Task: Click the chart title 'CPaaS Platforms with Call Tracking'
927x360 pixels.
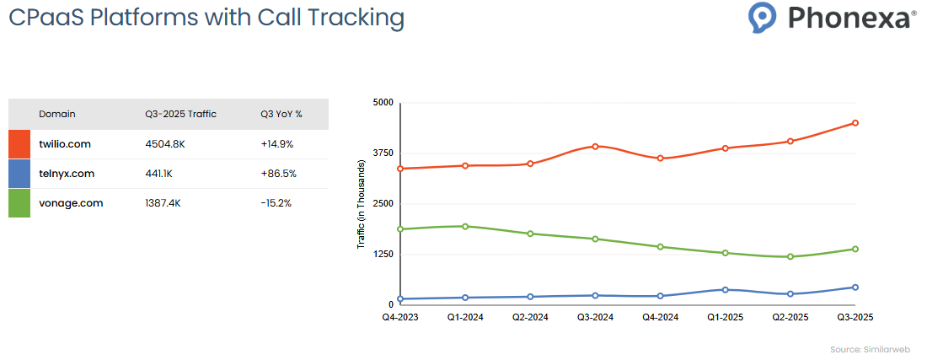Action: pos(206,18)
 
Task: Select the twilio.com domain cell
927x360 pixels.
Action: pos(65,144)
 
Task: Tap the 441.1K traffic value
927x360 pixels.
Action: pos(159,174)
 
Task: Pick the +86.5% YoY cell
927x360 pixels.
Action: pos(277,174)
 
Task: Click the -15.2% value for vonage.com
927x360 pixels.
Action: pos(276,203)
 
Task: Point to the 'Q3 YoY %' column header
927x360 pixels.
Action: pos(281,114)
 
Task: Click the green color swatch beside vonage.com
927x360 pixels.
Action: pos(19,203)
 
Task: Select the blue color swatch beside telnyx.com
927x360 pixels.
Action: pos(19,174)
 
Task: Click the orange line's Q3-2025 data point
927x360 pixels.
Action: pos(855,123)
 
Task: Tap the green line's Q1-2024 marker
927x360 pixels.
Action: pos(465,226)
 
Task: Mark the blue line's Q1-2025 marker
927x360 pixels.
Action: pos(726,289)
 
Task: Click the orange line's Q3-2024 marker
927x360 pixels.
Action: pos(595,147)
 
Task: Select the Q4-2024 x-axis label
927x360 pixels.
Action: pos(660,317)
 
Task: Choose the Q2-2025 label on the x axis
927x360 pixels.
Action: pos(790,317)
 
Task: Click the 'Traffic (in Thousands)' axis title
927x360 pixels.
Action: pos(361,204)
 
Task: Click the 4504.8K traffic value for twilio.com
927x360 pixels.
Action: pos(165,144)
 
